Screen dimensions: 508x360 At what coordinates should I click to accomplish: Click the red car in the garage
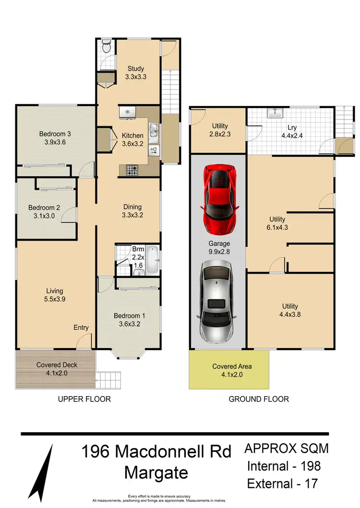point(219,198)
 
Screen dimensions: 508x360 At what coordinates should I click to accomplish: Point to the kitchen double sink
point(154,133)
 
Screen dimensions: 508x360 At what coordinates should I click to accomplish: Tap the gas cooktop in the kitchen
point(132,169)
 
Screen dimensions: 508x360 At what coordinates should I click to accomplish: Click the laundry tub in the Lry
point(275,113)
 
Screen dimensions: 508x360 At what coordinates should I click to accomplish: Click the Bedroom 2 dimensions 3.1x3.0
point(44,216)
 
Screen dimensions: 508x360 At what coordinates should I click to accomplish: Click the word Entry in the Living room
point(81,327)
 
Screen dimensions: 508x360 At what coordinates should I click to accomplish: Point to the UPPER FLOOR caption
point(84,399)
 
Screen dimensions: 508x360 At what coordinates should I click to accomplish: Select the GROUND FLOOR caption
point(259,399)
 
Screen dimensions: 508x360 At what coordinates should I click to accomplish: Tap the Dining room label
point(132,207)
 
